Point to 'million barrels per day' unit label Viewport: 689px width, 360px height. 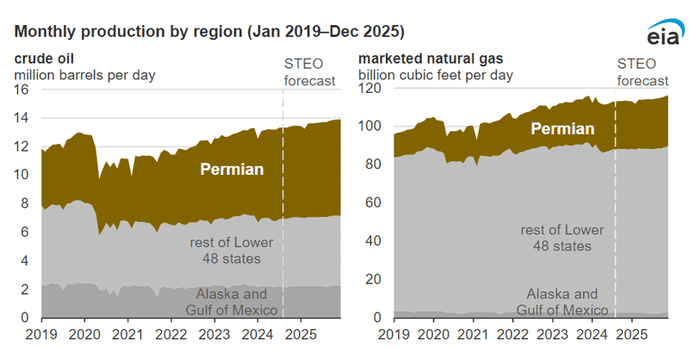pyautogui.click(x=84, y=75)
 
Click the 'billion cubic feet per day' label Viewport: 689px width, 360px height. pyautogui.click(x=436, y=75)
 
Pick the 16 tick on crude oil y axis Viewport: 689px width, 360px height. pyautogui.click(x=22, y=90)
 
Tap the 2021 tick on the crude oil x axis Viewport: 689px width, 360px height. pyautogui.click(x=128, y=332)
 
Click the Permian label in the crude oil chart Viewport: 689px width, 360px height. pyautogui.click(x=232, y=170)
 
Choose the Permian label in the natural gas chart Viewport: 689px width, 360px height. pyautogui.click(x=562, y=129)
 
